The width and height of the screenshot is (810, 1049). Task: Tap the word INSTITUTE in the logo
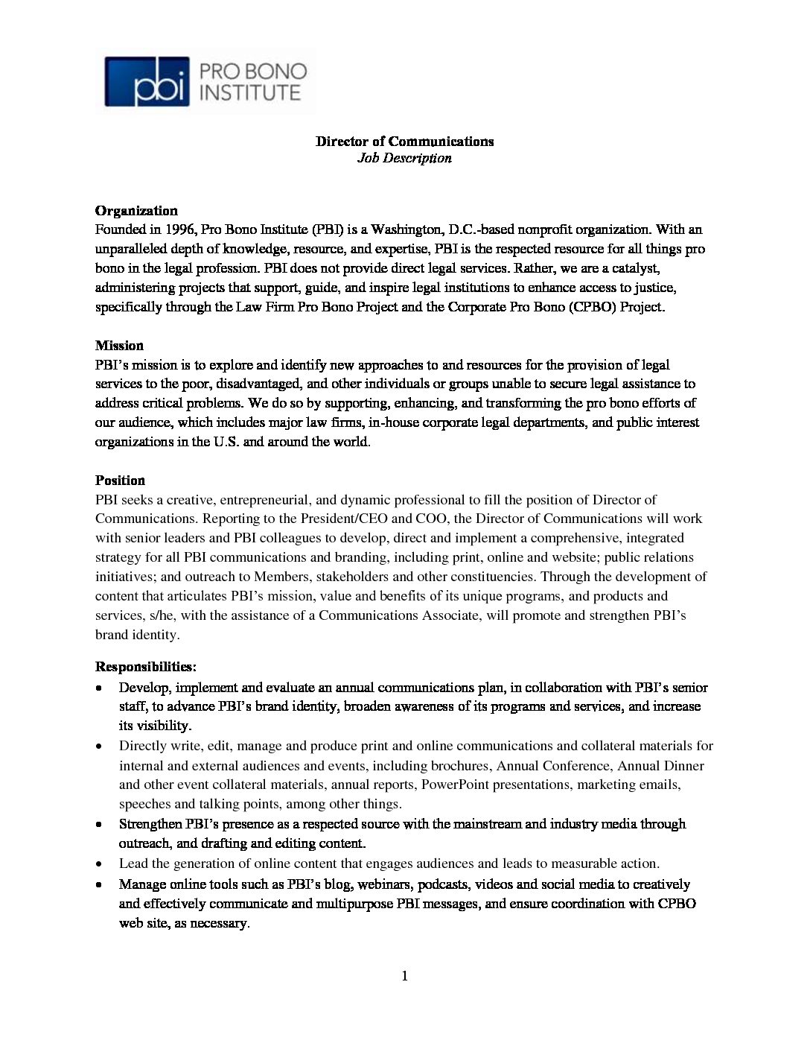(252, 93)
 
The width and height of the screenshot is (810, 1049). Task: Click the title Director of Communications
(404, 142)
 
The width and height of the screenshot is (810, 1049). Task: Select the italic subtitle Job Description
(404, 158)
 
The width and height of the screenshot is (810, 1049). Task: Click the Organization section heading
(136, 211)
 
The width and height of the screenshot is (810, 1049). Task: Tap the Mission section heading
(119, 346)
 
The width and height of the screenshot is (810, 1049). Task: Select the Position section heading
(120, 481)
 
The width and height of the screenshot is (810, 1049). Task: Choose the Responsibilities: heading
(146, 666)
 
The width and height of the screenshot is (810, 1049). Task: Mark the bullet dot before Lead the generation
(100, 863)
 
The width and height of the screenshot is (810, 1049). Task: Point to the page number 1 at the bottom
(404, 976)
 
